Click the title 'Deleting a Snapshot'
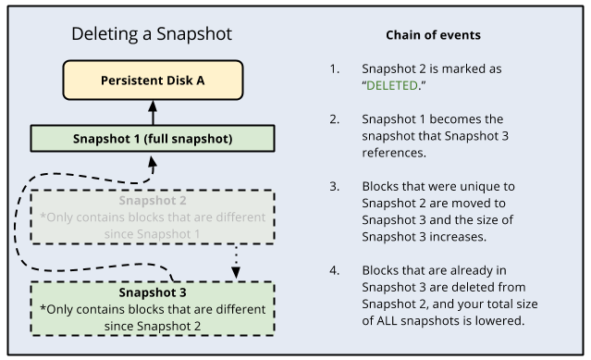coord(152,35)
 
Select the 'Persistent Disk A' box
coord(153,81)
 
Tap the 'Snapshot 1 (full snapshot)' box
coord(153,139)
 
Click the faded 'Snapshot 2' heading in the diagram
coord(152,201)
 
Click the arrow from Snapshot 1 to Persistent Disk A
coord(154,114)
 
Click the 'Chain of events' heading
coord(433,35)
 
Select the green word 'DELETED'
coord(393,85)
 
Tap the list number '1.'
coord(333,69)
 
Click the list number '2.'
coord(333,120)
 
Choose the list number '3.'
coord(333,186)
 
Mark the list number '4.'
coord(333,270)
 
